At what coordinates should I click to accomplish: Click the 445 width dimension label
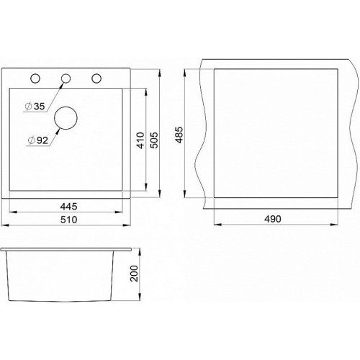point(68,207)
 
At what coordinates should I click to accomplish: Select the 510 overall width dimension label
point(68,220)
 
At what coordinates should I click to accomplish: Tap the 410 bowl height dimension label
point(140,140)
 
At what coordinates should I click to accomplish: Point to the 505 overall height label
point(154,140)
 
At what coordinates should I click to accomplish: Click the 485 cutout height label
point(179,135)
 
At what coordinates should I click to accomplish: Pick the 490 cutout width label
point(273,219)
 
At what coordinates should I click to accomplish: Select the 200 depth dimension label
point(134,274)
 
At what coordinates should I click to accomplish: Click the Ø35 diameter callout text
point(35,107)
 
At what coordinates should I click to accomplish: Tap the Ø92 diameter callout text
point(38,140)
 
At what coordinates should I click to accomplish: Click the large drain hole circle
point(66,107)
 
